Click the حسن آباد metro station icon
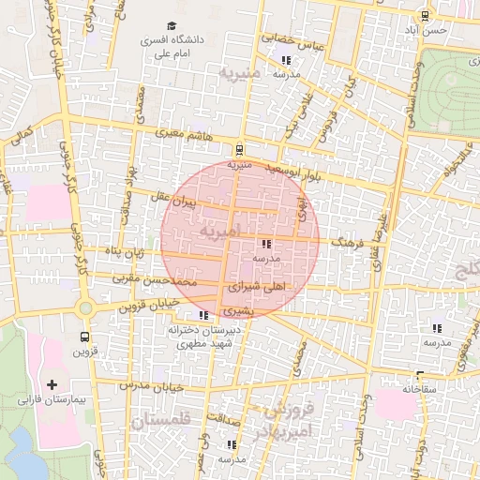[426, 16]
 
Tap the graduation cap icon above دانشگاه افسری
[171, 26]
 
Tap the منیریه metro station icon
[240, 148]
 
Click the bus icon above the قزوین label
[85, 337]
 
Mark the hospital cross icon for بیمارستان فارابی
[52, 384]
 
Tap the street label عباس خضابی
[292, 42]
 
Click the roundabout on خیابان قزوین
[85, 307]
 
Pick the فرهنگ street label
[346, 242]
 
